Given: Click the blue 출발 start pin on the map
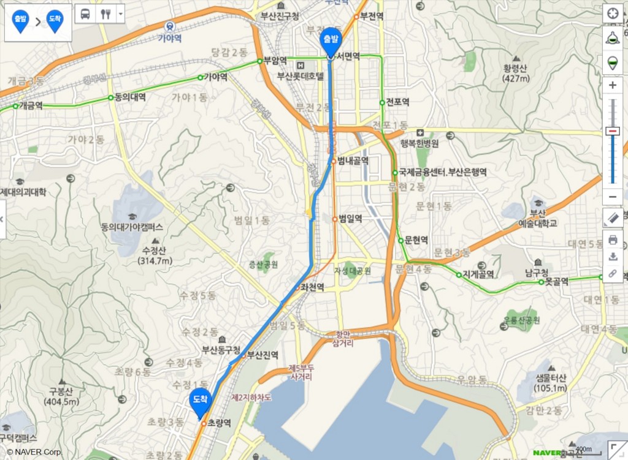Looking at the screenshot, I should [x=331, y=39].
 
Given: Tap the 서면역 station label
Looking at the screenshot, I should [x=347, y=56].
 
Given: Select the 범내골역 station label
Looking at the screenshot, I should [x=353, y=161].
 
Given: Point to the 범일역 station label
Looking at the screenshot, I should [x=350, y=218].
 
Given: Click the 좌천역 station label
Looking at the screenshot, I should [x=312, y=287].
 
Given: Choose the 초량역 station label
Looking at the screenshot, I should [x=219, y=423].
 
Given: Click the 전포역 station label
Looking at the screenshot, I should [x=397, y=102].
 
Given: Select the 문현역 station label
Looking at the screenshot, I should [x=416, y=239].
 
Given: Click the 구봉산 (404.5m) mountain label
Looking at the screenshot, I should [x=61, y=397].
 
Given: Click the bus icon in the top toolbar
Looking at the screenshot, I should [x=85, y=14].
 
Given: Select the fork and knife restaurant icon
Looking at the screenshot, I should [x=105, y=14].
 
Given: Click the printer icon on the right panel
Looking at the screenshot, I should [x=612, y=239].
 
